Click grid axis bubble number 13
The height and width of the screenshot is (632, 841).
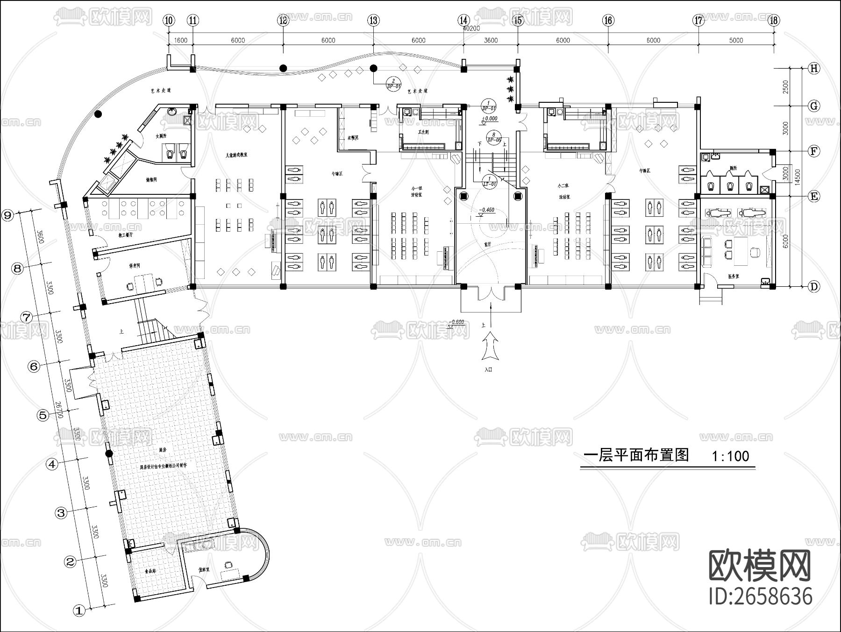[x=373, y=20]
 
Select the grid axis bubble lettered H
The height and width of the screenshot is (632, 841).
[x=814, y=69]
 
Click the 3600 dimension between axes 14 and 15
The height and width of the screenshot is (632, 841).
[x=491, y=40]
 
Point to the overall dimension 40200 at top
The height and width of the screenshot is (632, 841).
[x=471, y=28]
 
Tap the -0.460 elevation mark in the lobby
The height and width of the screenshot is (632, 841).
[x=486, y=210]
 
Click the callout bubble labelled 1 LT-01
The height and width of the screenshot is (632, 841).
[x=489, y=181]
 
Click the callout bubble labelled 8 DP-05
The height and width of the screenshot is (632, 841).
[x=494, y=137]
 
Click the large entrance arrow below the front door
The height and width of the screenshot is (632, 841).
[x=490, y=346]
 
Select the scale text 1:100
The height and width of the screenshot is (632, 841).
[x=730, y=456]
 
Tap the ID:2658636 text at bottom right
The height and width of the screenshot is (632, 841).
[x=761, y=596]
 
